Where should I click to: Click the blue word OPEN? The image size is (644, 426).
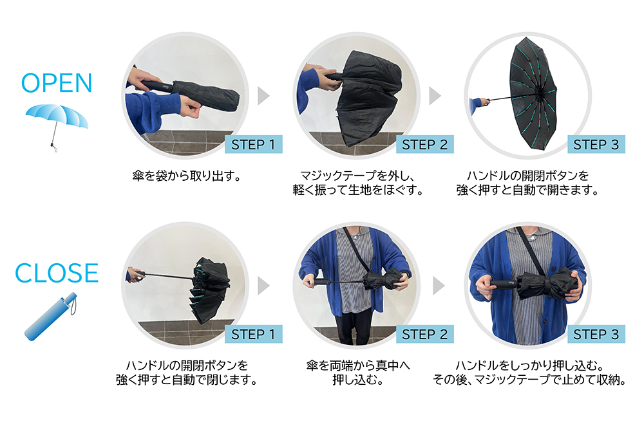(x=57, y=83)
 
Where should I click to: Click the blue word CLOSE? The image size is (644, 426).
(x=57, y=273)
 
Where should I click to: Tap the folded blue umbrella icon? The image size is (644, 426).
(x=51, y=317)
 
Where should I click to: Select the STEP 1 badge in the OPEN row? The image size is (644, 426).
(x=253, y=144)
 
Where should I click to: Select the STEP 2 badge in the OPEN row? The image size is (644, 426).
(x=424, y=144)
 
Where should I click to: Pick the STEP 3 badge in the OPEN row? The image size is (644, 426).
(x=596, y=144)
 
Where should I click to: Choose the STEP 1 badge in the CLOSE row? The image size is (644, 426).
(x=253, y=334)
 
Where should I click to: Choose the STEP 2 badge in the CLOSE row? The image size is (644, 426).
(x=424, y=334)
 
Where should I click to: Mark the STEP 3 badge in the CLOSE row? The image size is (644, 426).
(x=596, y=334)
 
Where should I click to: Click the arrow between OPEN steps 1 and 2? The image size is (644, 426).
(x=263, y=96)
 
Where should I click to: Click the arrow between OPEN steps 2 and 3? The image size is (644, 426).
(x=435, y=96)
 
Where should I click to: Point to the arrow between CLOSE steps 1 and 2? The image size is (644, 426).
(x=263, y=286)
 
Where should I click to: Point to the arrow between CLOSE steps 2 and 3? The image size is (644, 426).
(x=438, y=286)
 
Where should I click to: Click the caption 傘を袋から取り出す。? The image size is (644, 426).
(x=187, y=176)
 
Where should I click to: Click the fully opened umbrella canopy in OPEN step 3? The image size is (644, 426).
(x=533, y=93)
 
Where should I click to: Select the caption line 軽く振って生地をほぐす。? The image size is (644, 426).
(x=358, y=190)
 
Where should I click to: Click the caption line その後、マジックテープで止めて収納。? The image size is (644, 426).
(x=529, y=380)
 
